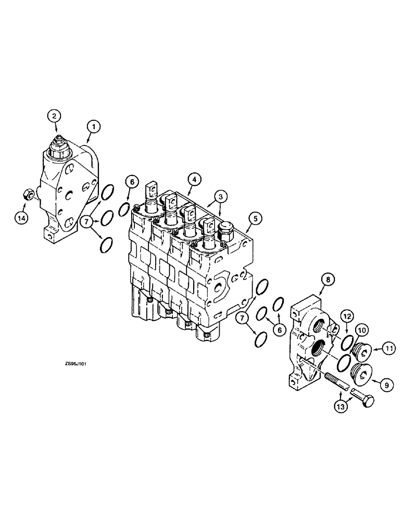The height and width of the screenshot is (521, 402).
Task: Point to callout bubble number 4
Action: [x=193, y=180]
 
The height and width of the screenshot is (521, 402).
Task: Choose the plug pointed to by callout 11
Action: [x=361, y=353]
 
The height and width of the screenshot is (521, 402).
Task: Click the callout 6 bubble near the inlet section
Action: [x=132, y=182]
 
